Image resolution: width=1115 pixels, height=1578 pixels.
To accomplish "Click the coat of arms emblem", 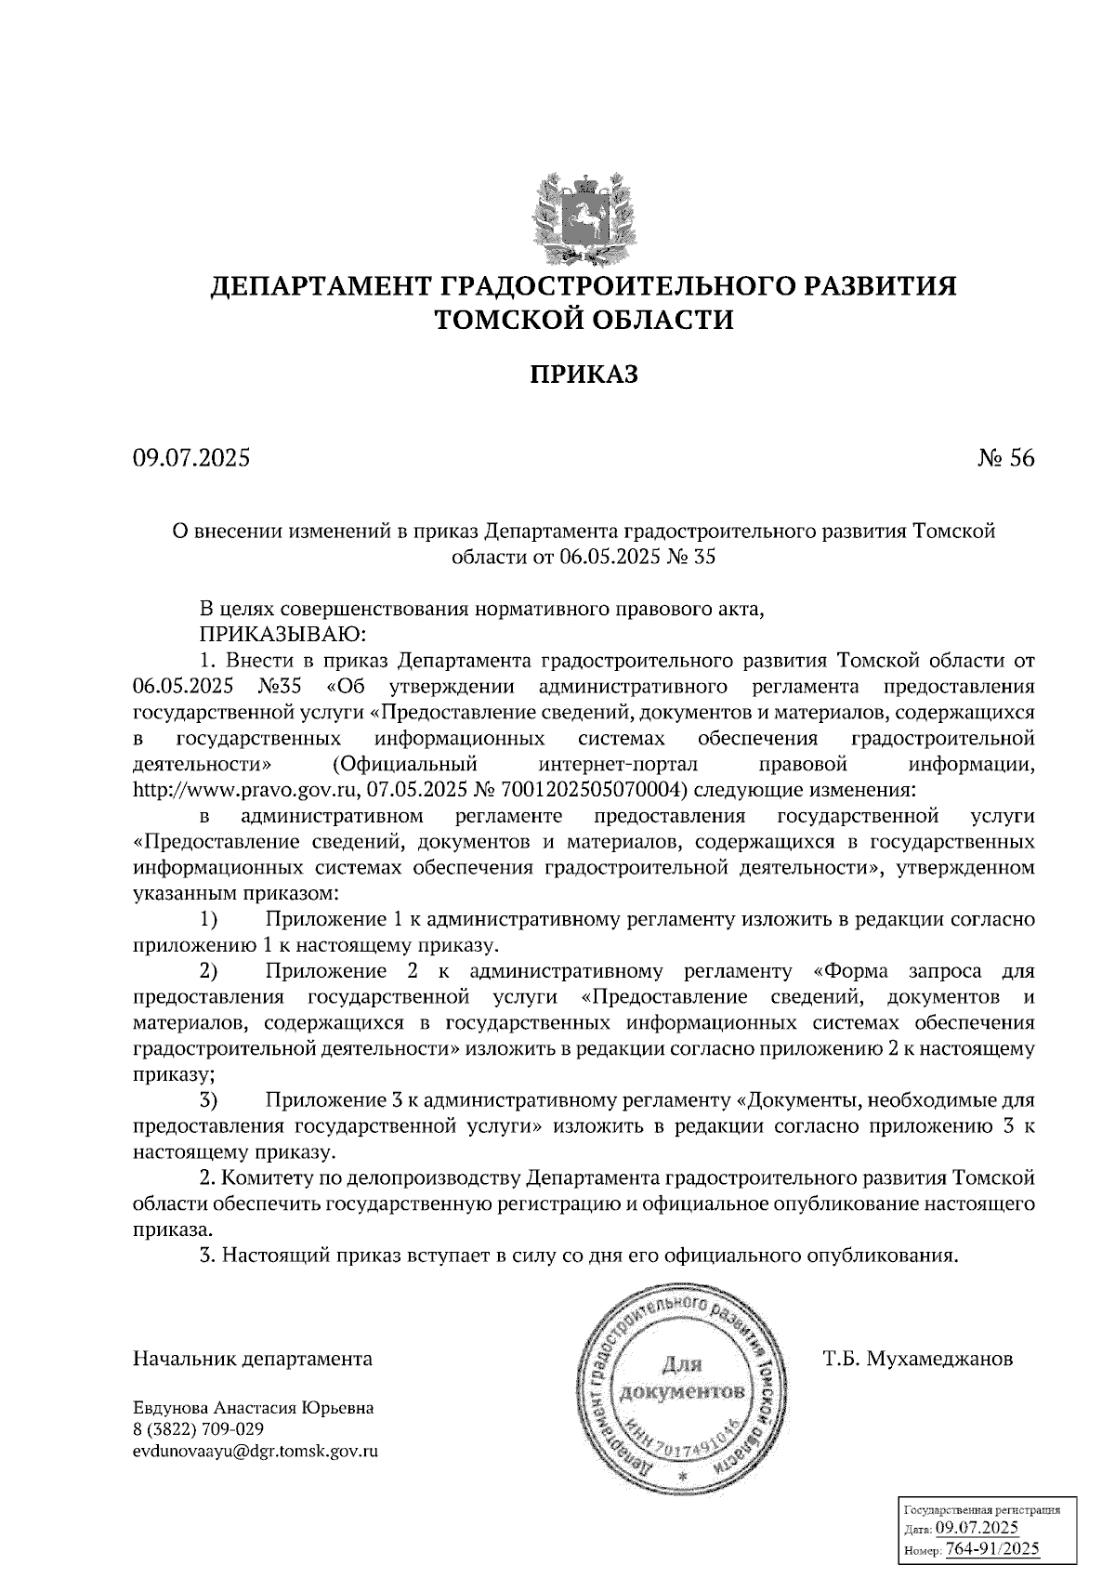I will click(584, 214).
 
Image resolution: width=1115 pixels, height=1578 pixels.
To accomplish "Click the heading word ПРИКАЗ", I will click(584, 375).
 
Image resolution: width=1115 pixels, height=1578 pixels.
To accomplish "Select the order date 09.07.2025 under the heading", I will click(191, 458).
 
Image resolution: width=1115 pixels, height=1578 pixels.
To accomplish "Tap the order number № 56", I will click(1005, 458).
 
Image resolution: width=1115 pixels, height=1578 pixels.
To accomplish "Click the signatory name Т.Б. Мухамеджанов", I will click(918, 1360).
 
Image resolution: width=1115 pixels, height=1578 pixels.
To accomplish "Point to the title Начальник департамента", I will click(253, 1360).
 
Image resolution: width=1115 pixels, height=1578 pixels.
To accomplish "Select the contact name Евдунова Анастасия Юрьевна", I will click(254, 1408).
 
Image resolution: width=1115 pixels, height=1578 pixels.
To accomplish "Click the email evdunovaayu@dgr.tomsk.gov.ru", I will click(256, 1452).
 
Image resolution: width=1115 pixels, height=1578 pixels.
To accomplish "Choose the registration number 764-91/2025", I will click(992, 1550).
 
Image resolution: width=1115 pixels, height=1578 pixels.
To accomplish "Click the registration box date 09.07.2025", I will click(977, 1529).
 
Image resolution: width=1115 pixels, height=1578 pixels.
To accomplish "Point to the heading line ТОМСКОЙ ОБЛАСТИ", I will click(584, 321).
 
